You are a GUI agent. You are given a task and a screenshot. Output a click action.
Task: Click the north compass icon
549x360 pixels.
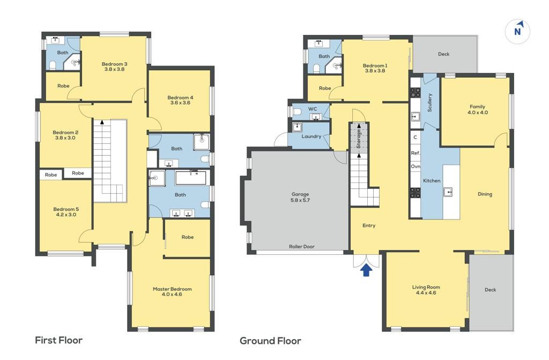tap(517, 31)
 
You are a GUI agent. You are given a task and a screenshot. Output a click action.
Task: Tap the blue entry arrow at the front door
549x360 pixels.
tap(366, 270)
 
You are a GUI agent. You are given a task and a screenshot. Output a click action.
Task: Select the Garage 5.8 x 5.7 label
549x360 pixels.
tap(300, 197)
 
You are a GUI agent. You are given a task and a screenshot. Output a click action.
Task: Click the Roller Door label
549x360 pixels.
tap(301, 246)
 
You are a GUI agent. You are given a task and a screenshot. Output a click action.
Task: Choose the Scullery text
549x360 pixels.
tap(429, 102)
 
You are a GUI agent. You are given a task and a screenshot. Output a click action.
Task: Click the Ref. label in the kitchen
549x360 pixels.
tap(416, 153)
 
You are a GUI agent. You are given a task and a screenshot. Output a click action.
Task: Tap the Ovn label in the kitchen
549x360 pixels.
tap(416, 166)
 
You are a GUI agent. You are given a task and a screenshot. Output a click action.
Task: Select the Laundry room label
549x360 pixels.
tap(311, 136)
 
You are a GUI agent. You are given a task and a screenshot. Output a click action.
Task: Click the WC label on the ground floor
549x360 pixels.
tap(313, 109)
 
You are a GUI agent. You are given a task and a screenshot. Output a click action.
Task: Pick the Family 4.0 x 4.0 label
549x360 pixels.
tap(478, 109)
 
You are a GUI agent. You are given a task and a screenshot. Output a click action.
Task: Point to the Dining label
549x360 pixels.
tap(485, 194)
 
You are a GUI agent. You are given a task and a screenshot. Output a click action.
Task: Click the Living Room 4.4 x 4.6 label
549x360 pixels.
tap(426, 290)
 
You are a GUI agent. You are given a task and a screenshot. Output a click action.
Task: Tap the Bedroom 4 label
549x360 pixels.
tap(180, 100)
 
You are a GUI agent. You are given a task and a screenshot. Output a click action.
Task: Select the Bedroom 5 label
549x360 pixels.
tap(66, 212)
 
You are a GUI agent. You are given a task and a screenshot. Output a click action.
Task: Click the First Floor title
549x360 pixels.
tap(59, 340)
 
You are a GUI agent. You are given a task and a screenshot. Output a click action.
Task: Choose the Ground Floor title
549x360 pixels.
tap(270, 341)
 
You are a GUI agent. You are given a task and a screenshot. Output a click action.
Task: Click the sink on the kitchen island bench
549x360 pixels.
tap(448, 192)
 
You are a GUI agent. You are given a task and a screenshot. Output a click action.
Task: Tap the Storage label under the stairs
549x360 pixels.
tap(359, 139)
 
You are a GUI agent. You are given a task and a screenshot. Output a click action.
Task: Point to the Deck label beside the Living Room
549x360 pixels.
tap(490, 290)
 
